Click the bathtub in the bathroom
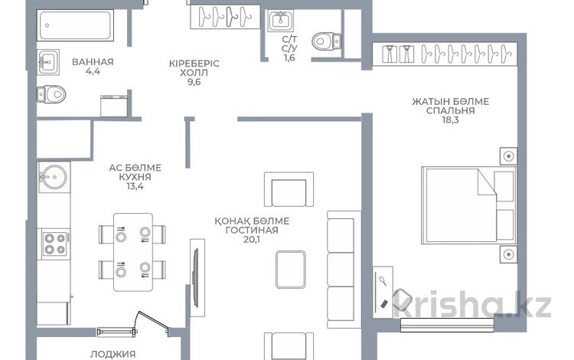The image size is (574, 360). (x=75, y=25)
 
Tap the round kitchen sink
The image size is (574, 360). (x=54, y=177)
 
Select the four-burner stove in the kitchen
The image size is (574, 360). (x=55, y=244)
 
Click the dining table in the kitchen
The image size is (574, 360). (x=133, y=252)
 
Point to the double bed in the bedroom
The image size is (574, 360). (x=468, y=205)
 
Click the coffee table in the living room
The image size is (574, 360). (x=291, y=270)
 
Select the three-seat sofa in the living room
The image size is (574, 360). (x=341, y=269)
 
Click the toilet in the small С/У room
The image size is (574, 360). (x=327, y=41)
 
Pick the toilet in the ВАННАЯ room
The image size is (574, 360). (x=51, y=94)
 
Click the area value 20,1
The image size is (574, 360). (x=252, y=240)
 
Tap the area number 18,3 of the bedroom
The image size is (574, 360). (x=450, y=119)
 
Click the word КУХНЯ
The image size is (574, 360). (x=135, y=177)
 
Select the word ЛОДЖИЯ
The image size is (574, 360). (x=108, y=354)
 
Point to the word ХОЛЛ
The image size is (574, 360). (x=194, y=73)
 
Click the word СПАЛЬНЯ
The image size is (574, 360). (x=450, y=110)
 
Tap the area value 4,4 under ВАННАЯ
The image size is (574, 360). (x=93, y=71)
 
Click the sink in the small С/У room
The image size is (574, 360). (x=280, y=21)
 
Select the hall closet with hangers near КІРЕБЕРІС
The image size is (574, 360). (x=225, y=17)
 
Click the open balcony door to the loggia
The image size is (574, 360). (x=152, y=322)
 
